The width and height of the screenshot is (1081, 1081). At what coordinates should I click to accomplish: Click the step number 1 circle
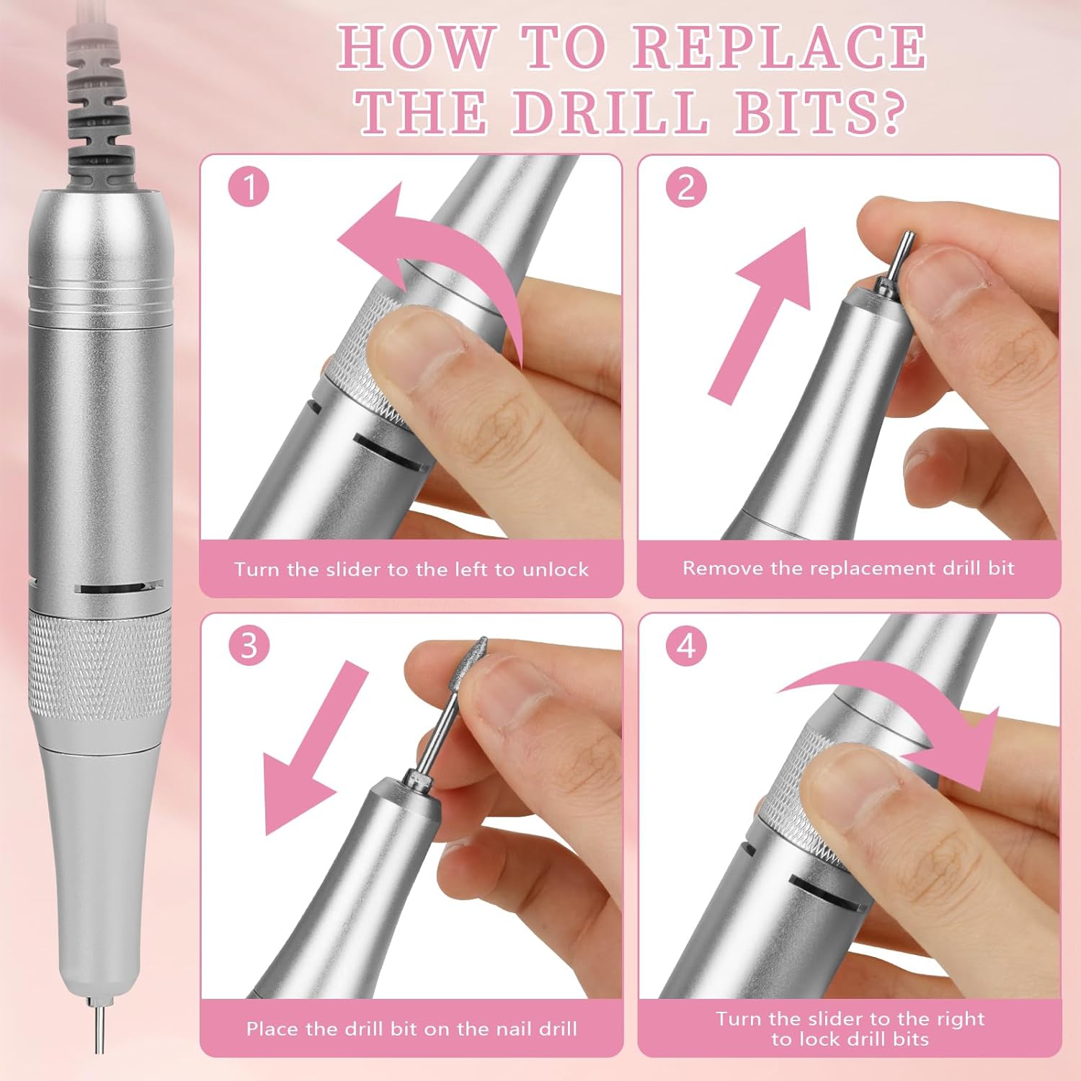point(249,187)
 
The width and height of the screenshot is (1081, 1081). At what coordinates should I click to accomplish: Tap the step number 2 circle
point(686,187)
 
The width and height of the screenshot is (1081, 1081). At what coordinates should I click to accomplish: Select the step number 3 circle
point(249,645)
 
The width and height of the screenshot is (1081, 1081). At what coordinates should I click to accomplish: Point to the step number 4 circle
point(686,645)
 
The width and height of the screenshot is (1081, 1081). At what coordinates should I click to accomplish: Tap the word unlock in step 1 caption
point(556,569)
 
